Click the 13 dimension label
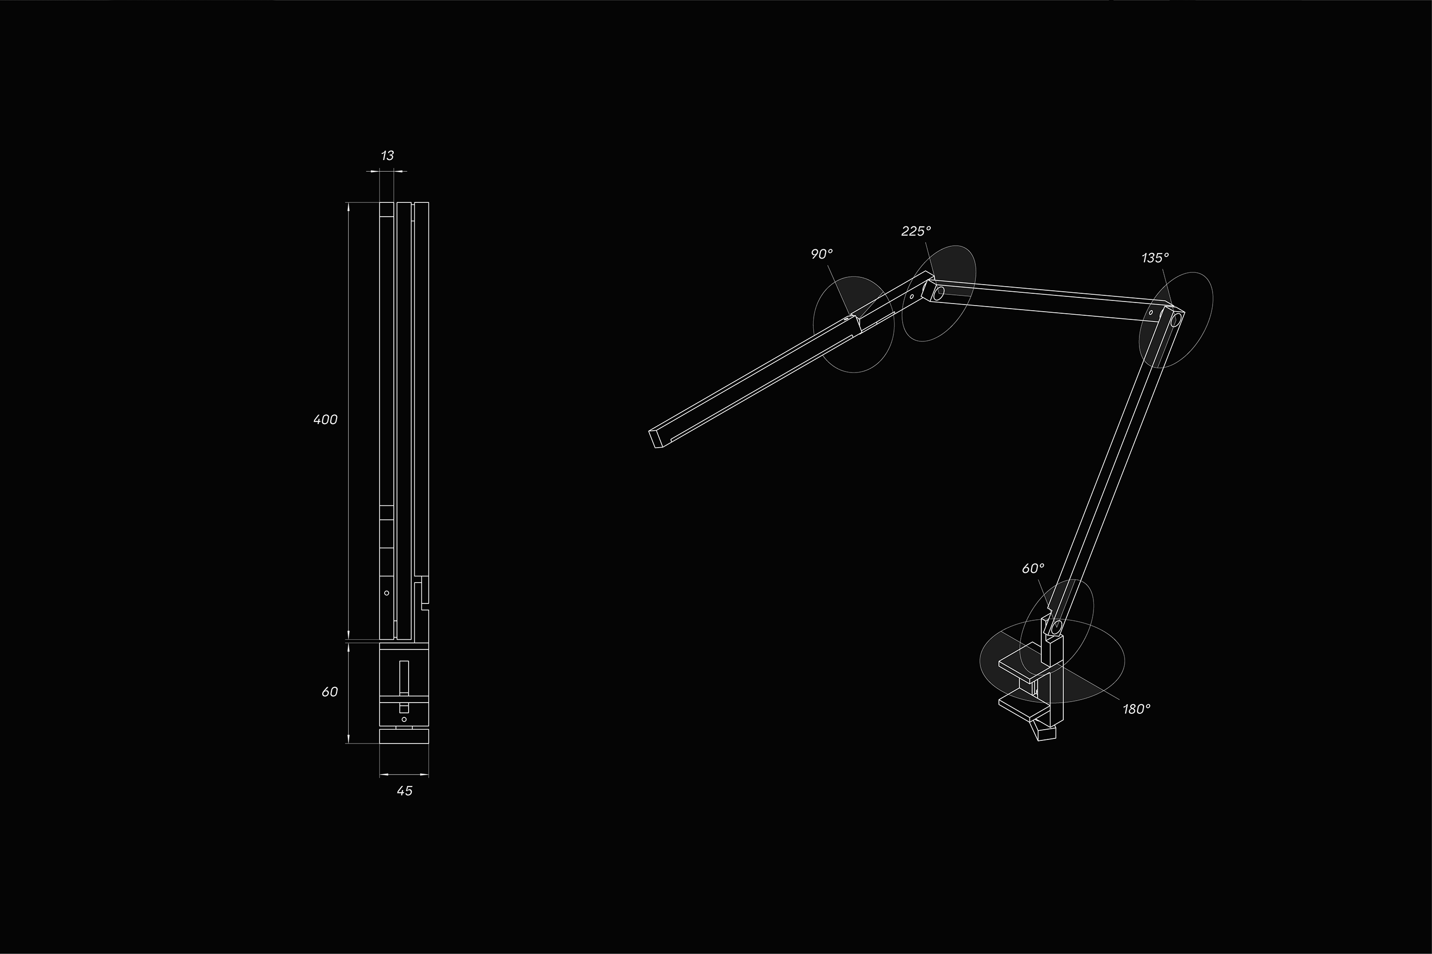click(x=387, y=156)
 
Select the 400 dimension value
click(x=325, y=420)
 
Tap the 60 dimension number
click(x=329, y=692)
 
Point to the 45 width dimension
click(x=404, y=791)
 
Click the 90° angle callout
click(x=821, y=254)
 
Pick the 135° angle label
click(x=1155, y=258)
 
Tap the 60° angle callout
click(x=1033, y=568)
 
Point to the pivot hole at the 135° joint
click(x=1177, y=319)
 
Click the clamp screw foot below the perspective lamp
click(x=1046, y=734)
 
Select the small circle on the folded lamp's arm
click(x=387, y=593)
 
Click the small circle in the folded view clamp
click(x=404, y=719)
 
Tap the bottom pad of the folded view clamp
click(x=404, y=737)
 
